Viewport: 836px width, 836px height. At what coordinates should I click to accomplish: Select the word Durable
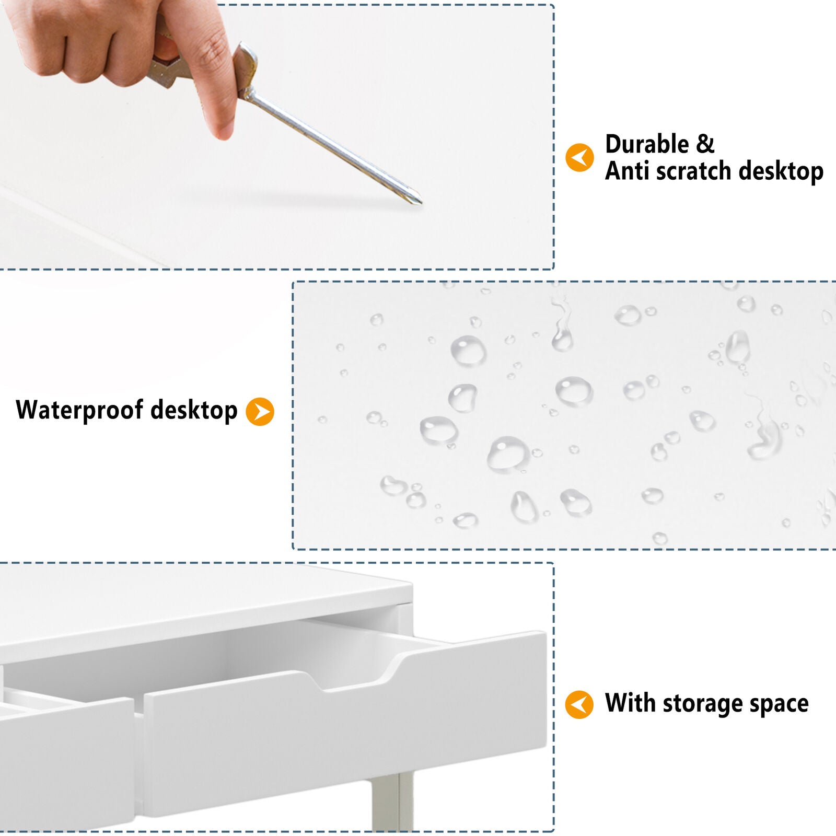pos(647,144)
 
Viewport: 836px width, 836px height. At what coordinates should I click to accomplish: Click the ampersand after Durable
pos(705,144)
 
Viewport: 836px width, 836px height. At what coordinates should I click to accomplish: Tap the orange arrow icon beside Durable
pos(579,157)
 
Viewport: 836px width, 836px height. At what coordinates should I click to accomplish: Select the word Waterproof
pos(79,410)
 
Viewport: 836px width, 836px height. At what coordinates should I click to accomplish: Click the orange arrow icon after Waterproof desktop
pos(260,411)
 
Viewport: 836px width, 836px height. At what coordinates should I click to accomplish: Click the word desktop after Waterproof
pos(194,410)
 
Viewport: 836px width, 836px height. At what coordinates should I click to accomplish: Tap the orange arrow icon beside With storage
pos(579,704)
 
